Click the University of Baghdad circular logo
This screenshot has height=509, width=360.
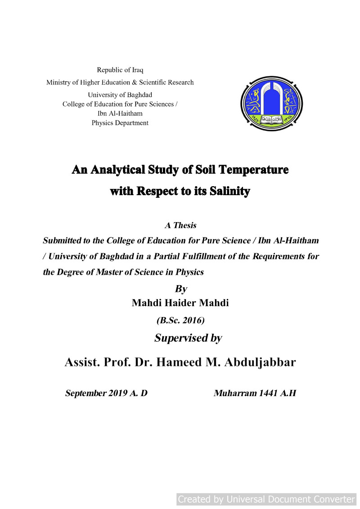click(x=271, y=103)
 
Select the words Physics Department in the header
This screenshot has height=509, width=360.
click(x=120, y=123)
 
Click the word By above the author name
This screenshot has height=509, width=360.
click(x=180, y=288)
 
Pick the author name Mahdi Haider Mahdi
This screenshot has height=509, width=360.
click(x=180, y=303)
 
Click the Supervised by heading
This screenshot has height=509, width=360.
click(x=188, y=338)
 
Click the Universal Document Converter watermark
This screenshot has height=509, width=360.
click(x=266, y=499)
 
